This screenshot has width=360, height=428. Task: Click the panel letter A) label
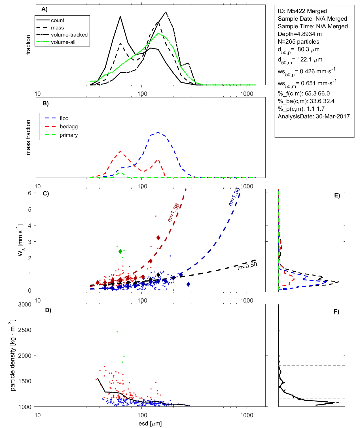tap(45, 9)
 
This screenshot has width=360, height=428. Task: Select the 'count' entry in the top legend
tap(58, 20)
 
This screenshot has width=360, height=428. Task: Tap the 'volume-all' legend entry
tap(63, 42)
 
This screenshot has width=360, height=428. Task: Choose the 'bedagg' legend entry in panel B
tap(69, 127)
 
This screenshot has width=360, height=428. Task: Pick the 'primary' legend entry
tap(69, 135)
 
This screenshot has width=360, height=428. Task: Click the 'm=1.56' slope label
tap(173, 212)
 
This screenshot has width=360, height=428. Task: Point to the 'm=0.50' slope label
tap(247, 266)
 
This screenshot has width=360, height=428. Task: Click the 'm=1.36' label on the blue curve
tap(234, 196)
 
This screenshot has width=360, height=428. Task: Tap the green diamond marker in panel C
tap(120, 252)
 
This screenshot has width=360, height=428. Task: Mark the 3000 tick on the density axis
tap(25, 305)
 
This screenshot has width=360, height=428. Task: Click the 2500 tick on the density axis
tap(25, 330)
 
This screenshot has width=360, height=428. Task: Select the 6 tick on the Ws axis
tap(30, 193)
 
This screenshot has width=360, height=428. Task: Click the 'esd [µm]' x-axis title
tap(150, 424)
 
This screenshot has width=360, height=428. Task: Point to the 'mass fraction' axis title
tap(28, 137)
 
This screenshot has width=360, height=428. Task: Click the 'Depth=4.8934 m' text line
tap(300, 34)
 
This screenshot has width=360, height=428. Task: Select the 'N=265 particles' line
tap(298, 42)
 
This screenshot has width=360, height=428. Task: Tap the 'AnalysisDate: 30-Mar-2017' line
tap(314, 116)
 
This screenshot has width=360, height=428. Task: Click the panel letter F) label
tap(336, 312)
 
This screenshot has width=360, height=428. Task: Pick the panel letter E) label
tap(337, 196)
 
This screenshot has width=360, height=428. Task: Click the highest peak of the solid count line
tap(120, 16)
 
